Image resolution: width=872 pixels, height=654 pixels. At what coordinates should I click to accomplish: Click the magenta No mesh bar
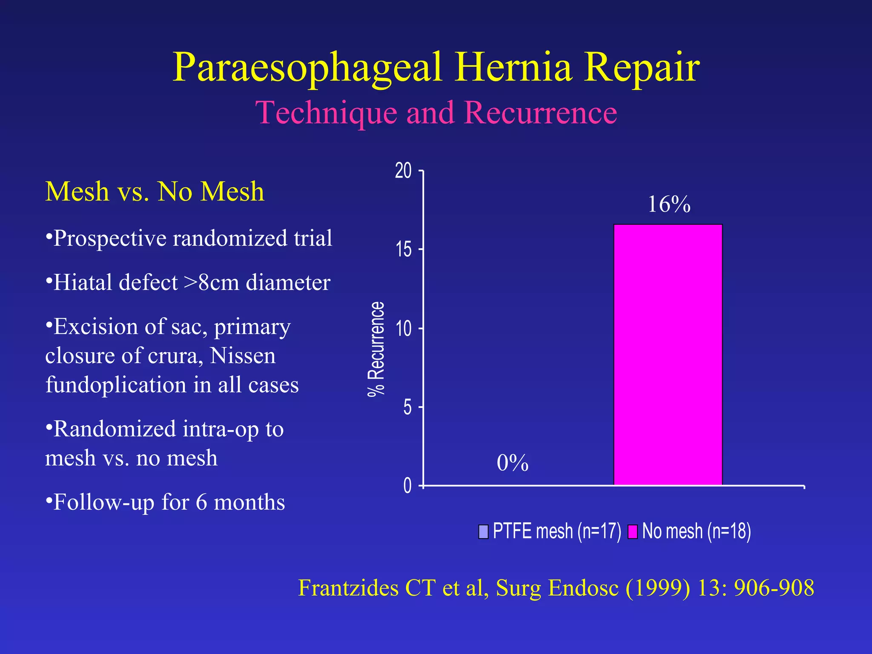coord(668,354)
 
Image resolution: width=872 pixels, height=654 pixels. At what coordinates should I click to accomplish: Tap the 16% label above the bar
coord(669,204)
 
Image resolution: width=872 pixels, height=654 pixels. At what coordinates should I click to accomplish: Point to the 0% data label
coord(512,463)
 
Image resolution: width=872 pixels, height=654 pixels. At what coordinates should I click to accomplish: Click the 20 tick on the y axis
coord(403,171)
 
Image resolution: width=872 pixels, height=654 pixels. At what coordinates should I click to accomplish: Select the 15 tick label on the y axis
coord(404,250)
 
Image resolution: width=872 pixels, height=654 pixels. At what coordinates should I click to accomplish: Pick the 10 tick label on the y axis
coord(404,329)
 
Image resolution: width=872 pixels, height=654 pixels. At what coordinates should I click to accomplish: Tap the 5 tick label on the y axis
coord(407,407)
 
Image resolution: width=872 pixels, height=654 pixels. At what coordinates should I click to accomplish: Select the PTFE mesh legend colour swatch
coord(483,531)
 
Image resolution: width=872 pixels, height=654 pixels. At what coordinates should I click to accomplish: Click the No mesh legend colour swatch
coord(632,531)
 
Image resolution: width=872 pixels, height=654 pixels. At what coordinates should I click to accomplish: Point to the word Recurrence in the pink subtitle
coord(540,113)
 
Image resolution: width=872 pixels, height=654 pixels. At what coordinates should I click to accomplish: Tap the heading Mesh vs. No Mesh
coord(155,191)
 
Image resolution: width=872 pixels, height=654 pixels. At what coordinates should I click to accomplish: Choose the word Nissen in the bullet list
coord(243,356)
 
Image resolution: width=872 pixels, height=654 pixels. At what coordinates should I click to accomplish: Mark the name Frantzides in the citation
coord(348,588)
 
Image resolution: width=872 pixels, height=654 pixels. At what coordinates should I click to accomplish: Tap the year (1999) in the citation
coord(658,588)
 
